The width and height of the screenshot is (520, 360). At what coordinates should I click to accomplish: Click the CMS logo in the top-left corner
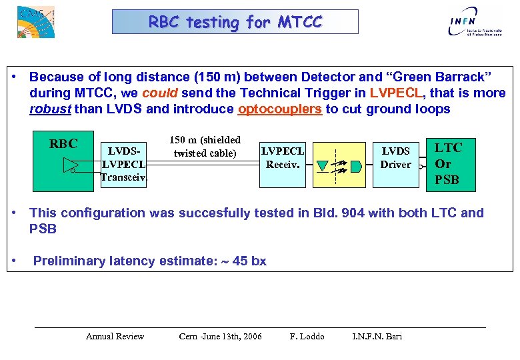[35, 21]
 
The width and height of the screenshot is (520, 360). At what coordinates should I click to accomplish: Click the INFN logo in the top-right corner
[473, 21]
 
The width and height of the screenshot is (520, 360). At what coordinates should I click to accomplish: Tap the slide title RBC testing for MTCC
[235, 22]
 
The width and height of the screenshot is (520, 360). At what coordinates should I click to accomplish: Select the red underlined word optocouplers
[279, 109]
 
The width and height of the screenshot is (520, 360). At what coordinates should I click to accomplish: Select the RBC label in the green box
[64, 144]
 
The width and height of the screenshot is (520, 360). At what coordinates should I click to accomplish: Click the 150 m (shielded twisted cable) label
[205, 147]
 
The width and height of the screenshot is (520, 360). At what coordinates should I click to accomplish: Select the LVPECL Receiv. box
[283, 158]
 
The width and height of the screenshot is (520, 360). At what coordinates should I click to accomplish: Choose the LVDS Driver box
[395, 158]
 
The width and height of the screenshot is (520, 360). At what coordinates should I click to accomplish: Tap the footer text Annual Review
[115, 336]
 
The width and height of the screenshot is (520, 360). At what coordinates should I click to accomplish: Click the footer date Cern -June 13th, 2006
[220, 336]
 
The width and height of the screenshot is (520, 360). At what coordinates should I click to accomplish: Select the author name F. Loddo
[307, 336]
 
